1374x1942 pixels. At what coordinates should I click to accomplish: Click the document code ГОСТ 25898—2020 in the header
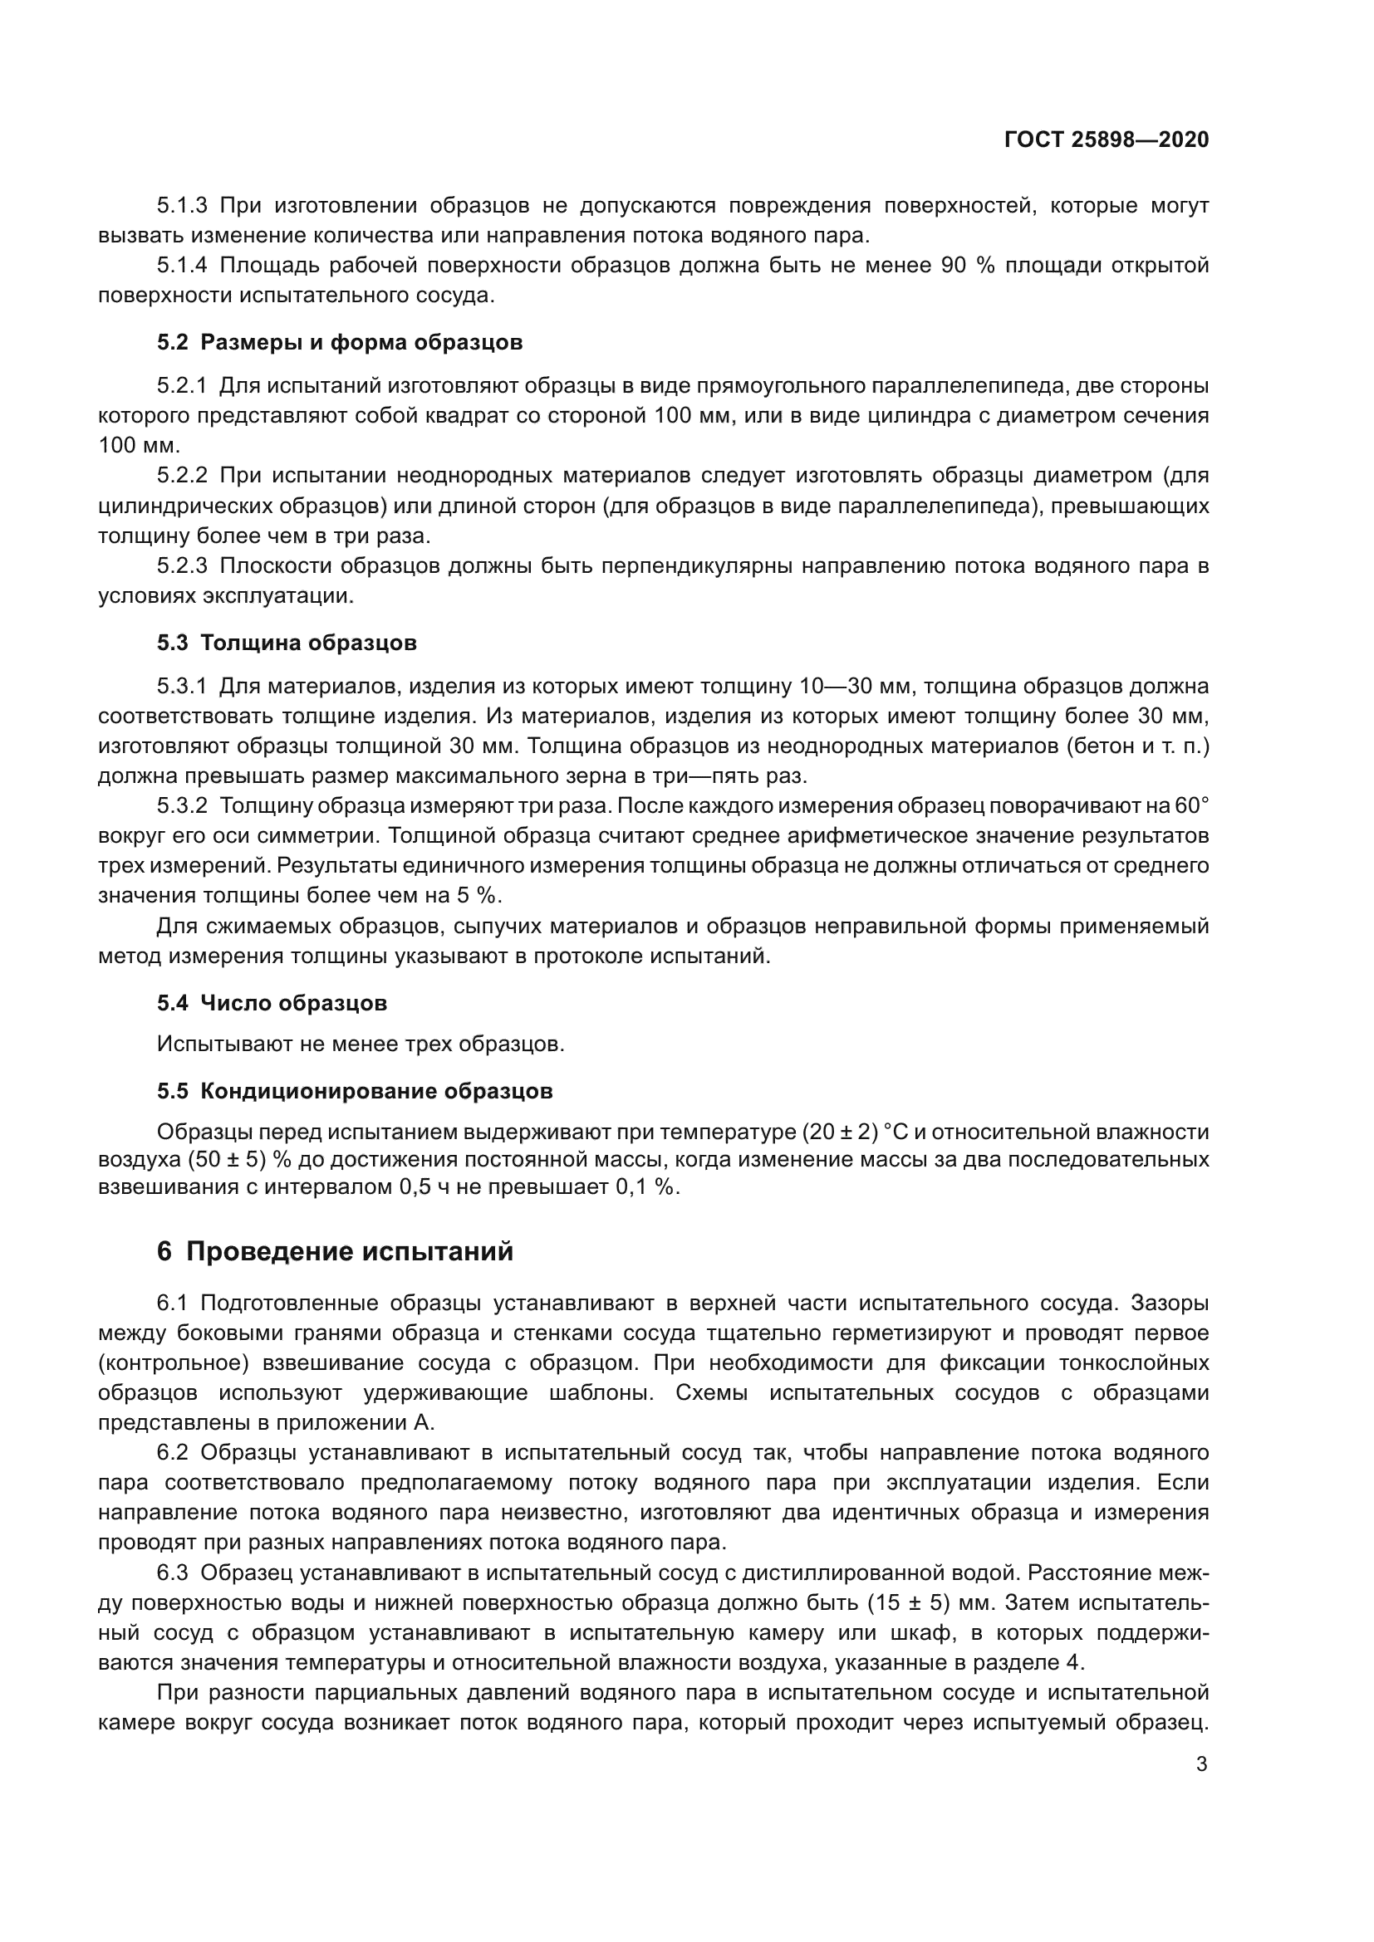(x=1106, y=139)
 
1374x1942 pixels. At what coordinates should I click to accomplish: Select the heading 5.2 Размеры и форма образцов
(x=339, y=343)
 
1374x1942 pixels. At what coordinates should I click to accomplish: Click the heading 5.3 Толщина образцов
(x=287, y=643)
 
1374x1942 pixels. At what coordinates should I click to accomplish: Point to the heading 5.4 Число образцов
(x=272, y=1003)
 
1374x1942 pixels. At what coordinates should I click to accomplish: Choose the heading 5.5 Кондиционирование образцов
(x=355, y=1091)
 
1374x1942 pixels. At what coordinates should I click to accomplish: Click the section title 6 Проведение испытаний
(x=335, y=1251)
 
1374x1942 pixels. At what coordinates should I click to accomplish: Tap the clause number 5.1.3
(x=182, y=206)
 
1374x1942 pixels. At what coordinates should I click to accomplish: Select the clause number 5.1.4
(x=182, y=266)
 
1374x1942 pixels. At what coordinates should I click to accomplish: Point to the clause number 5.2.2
(x=182, y=477)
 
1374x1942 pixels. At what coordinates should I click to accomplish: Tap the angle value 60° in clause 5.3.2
(x=1191, y=806)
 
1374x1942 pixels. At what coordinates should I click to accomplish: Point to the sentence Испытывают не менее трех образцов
(x=361, y=1044)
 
